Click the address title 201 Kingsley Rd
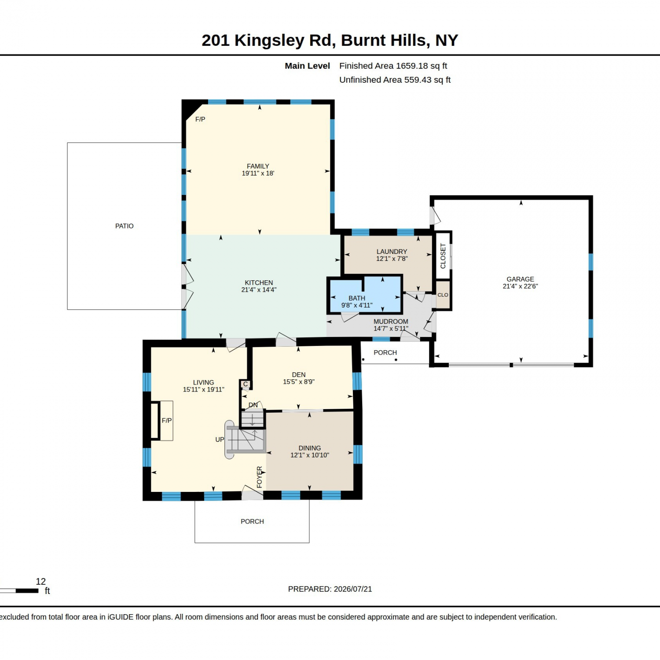click(x=268, y=40)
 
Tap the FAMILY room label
click(x=258, y=166)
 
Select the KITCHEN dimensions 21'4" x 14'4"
click(x=259, y=290)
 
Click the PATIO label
click(x=125, y=226)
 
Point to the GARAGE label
click(x=520, y=279)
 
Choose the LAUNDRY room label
click(x=392, y=252)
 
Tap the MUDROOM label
click(x=391, y=322)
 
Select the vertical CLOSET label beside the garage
click(x=443, y=256)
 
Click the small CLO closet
click(x=443, y=295)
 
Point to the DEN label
click(x=299, y=375)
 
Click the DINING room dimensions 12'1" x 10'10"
click(x=310, y=455)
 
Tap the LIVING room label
click(x=203, y=383)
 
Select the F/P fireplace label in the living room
click(x=167, y=421)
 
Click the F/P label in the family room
click(x=200, y=119)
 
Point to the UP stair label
click(x=220, y=440)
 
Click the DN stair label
click(x=253, y=405)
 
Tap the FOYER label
click(x=260, y=477)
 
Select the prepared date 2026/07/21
click(x=353, y=589)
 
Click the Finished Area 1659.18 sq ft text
click(x=393, y=66)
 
